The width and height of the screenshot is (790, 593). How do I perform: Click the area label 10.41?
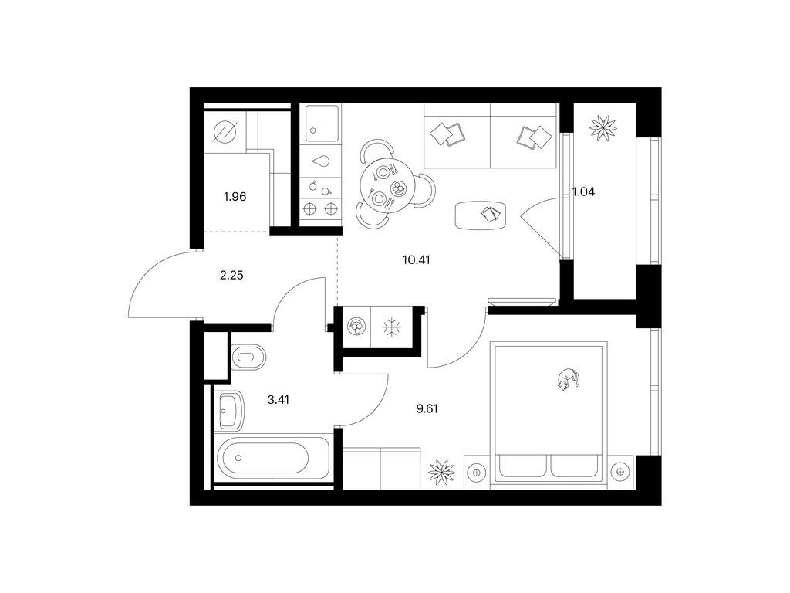pos(416,260)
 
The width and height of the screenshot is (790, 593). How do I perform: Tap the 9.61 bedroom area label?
pos(427,408)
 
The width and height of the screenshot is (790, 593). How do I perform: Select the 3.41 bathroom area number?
pos(278,401)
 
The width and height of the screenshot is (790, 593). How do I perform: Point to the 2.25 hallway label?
pos(231,276)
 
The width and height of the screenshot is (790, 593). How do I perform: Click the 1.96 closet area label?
pos(235,197)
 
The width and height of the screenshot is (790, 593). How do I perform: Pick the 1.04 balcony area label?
pos(583,191)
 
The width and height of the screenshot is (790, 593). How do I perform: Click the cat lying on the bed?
pos(568,378)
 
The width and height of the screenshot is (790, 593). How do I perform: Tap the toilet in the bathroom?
pos(248,357)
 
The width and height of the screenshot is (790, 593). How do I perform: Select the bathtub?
pos(262,458)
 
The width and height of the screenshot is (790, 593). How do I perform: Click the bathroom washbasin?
pos(231,411)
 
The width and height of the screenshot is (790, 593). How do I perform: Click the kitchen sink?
pos(320,124)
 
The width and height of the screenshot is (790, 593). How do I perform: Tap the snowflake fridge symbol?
pos(391,327)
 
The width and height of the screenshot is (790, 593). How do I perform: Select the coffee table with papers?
pos(480,215)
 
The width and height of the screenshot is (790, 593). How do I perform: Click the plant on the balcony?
pos(603,127)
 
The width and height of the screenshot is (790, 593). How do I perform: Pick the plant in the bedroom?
pos(441,473)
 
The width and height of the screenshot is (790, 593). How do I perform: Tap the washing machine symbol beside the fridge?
pos(356,327)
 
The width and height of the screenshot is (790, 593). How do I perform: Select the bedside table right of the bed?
pos(620,472)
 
